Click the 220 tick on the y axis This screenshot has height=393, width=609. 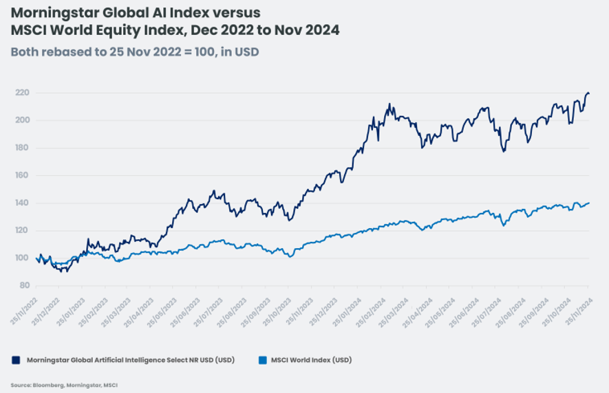click(x=22, y=93)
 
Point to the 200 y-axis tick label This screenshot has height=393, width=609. click(x=22, y=120)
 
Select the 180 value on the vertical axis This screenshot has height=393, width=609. click(x=22, y=148)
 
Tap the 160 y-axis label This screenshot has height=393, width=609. click(x=22, y=175)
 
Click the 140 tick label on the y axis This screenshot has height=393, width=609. click(x=22, y=203)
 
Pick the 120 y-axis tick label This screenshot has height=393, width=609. click(x=22, y=230)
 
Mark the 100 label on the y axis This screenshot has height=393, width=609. click(x=22, y=258)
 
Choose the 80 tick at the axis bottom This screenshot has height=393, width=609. click(x=24, y=285)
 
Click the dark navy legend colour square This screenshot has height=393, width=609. click(x=15, y=359)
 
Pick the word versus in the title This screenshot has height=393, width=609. click(x=236, y=12)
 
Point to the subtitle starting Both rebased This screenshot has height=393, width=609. click(x=135, y=52)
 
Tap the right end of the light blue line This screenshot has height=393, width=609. click(x=589, y=203)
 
